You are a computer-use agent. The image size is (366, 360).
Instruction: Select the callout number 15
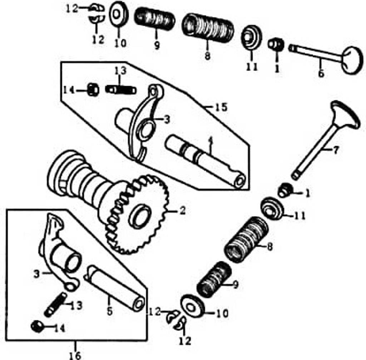coord(221,107)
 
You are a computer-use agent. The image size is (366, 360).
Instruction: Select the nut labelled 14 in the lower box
coord(37,326)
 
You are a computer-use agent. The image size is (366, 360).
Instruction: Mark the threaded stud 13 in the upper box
coord(121,89)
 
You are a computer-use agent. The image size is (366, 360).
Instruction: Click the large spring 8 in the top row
coord(208,27)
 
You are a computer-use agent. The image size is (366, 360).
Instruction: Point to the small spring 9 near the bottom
coord(214,279)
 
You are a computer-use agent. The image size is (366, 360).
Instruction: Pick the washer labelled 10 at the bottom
coord(193,306)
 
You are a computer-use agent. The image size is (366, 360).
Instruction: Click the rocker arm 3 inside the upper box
coord(143,121)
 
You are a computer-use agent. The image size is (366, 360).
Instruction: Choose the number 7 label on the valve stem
coord(335,151)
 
